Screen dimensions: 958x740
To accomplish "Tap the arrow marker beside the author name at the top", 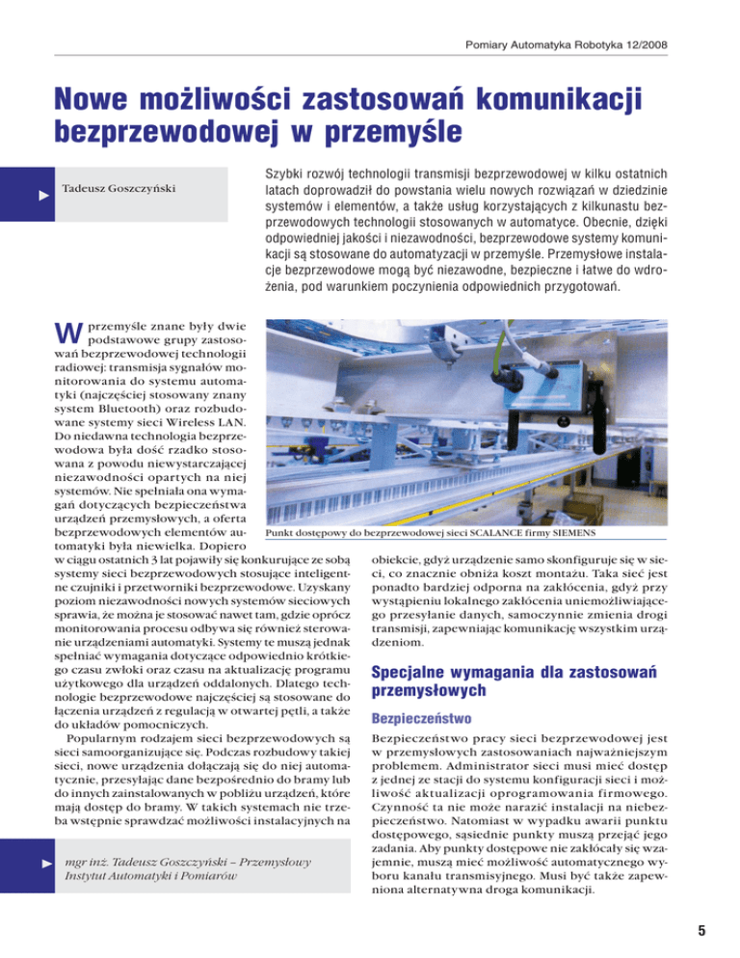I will (40, 195).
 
